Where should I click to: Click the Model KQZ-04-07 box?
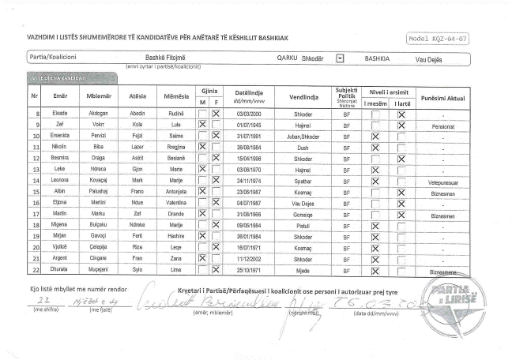point(440,38)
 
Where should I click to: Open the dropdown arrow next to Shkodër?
point(340,58)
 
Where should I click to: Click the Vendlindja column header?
point(303,97)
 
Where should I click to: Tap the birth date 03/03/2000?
point(248,114)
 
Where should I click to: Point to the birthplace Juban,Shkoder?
point(303,136)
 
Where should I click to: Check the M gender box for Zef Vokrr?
point(202,125)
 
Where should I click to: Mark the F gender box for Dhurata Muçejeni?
point(216,271)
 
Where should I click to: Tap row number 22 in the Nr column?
point(35,271)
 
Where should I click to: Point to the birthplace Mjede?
point(303,271)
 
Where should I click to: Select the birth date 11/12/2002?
point(248,260)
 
